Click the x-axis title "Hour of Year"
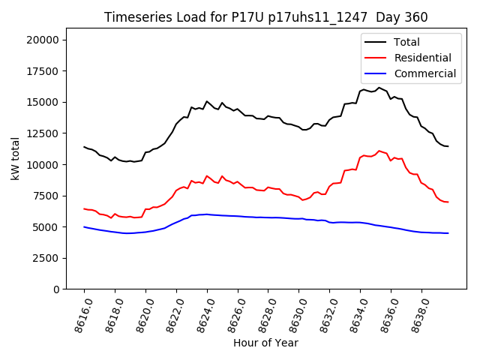265,343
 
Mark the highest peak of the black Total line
379,88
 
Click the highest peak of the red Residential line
379,151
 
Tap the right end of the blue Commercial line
448,233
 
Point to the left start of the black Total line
84,147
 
